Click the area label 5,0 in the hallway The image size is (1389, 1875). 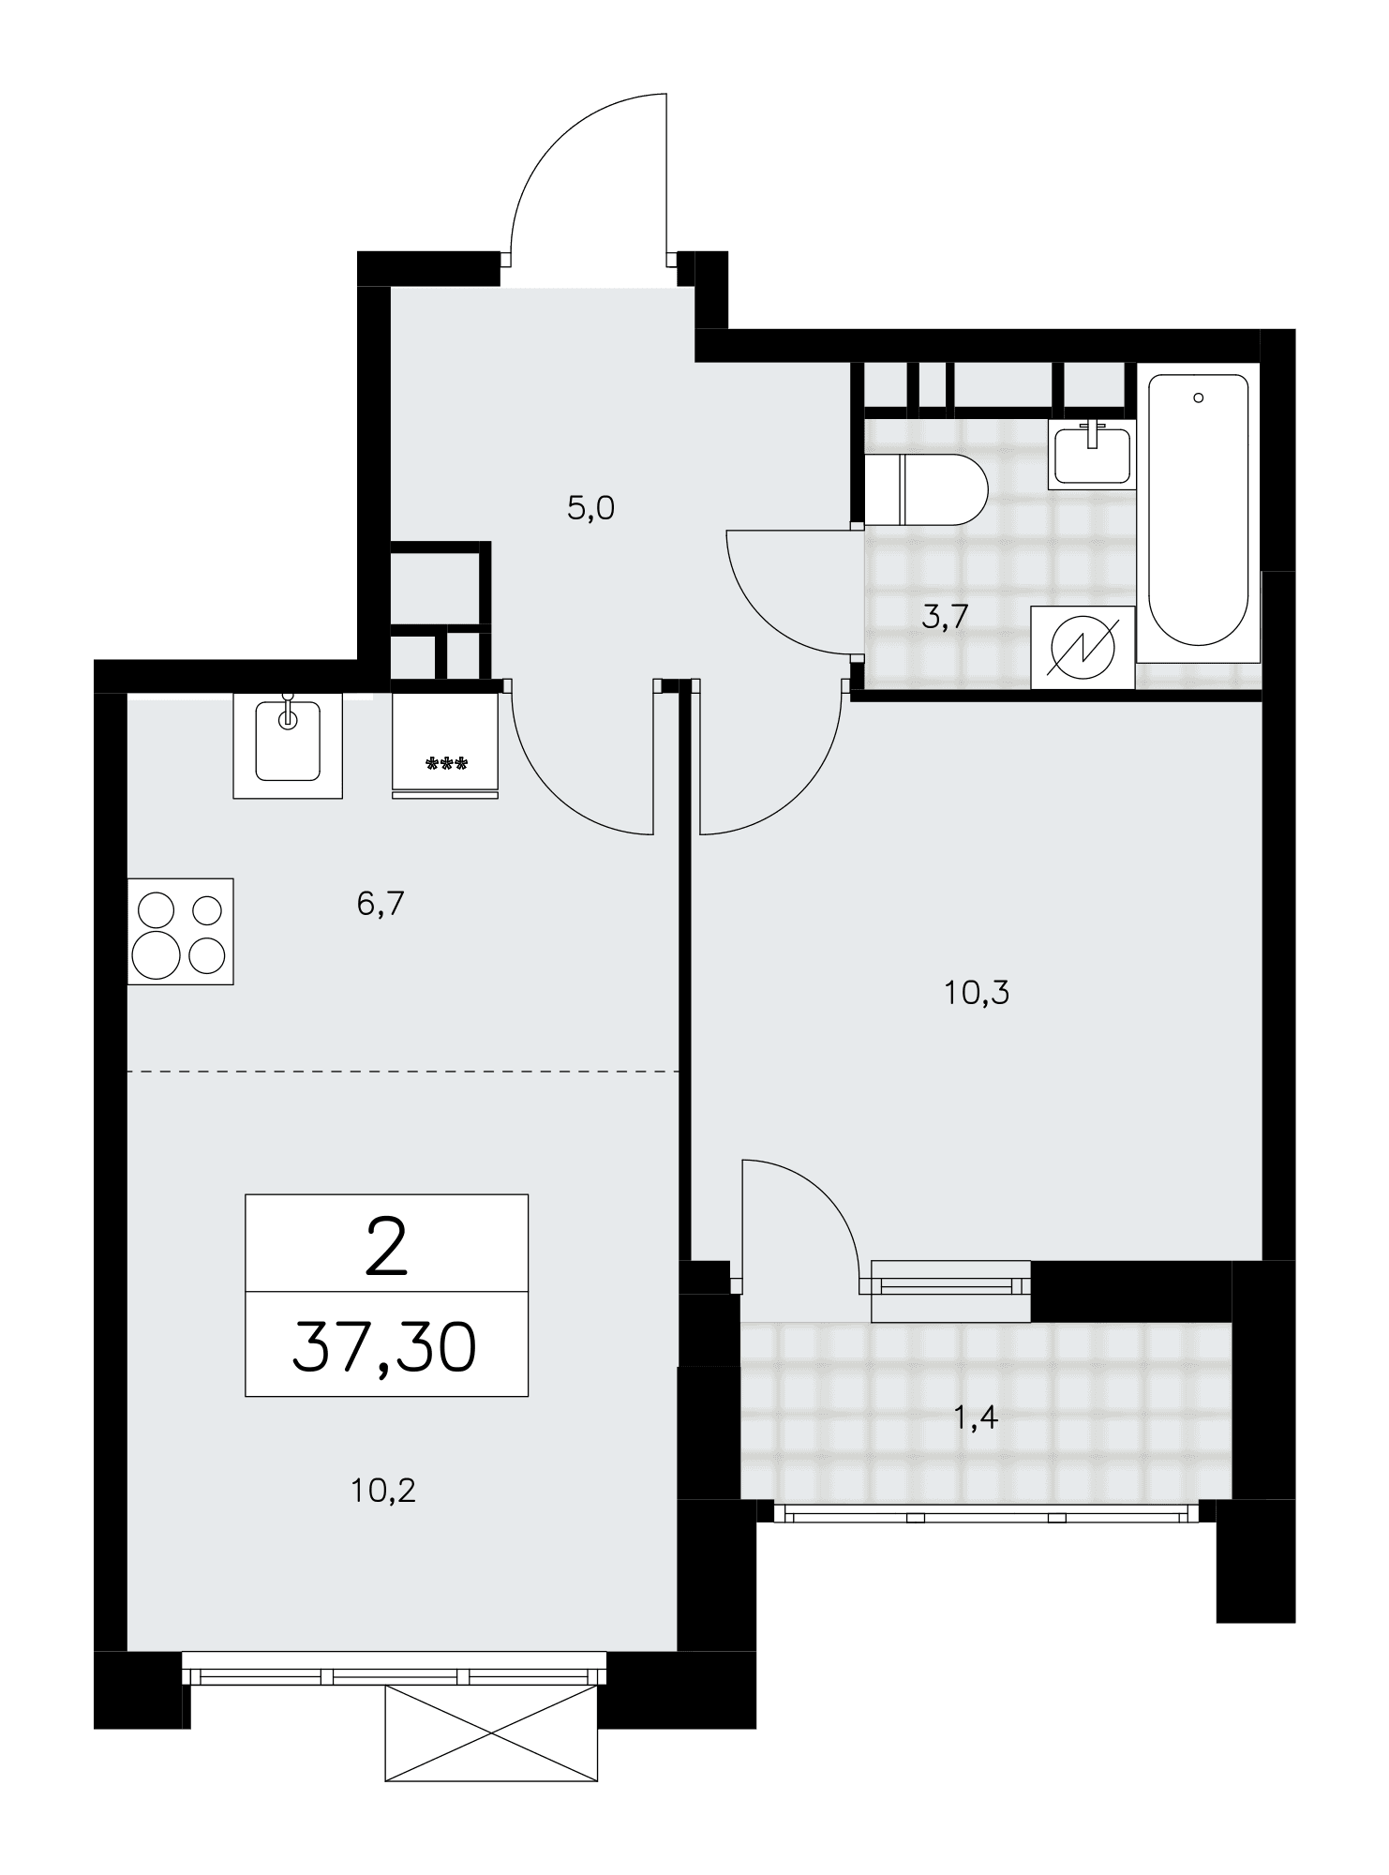pyautogui.click(x=590, y=509)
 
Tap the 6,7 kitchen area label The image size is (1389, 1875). pyautogui.click(x=381, y=905)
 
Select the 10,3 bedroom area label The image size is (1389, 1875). pyautogui.click(x=977, y=993)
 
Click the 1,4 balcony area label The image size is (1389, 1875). pyautogui.click(x=976, y=1417)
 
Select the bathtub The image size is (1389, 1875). pyautogui.click(x=1199, y=511)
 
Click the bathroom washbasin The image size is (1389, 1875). pyautogui.click(x=1092, y=454)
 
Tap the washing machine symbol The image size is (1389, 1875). pyautogui.click(x=1083, y=648)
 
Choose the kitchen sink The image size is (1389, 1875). pyautogui.click(x=288, y=745)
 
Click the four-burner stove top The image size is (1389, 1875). pyautogui.click(x=180, y=931)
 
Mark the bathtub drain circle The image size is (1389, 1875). pyautogui.click(x=1198, y=398)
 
